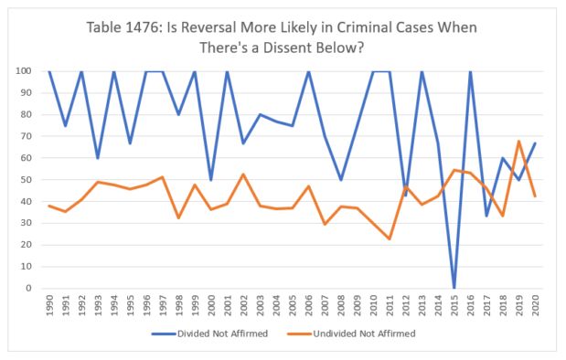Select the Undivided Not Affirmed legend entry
pyautogui.click(x=369, y=334)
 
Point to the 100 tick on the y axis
pyautogui.click(x=29, y=71)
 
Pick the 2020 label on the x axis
pyautogui.click(x=534, y=305)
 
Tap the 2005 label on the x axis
pyautogui.click(x=291, y=305)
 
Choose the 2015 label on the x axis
pyautogui.click(x=454, y=305)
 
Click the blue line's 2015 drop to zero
pyautogui.click(x=454, y=288)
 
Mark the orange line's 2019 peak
pyautogui.click(x=518, y=142)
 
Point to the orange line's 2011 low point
pyautogui.click(x=390, y=238)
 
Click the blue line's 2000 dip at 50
pyautogui.click(x=210, y=180)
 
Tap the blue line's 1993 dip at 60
pyautogui.click(x=97, y=158)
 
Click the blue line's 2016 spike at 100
pyautogui.click(x=470, y=71)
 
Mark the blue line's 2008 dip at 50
pyautogui.click(x=340, y=180)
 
